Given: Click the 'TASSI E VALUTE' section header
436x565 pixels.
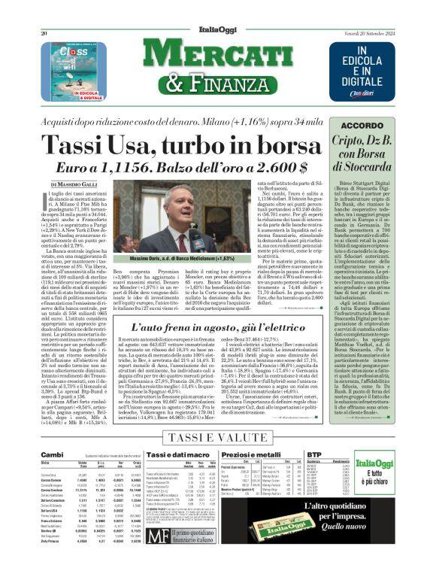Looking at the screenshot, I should (x=220, y=437).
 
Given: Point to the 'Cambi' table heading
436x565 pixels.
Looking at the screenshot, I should (x=53, y=455).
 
